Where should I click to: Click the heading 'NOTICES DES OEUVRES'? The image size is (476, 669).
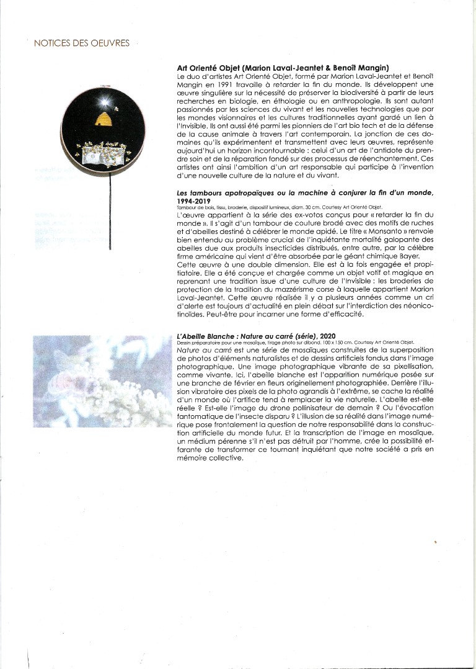[x=82, y=43]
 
